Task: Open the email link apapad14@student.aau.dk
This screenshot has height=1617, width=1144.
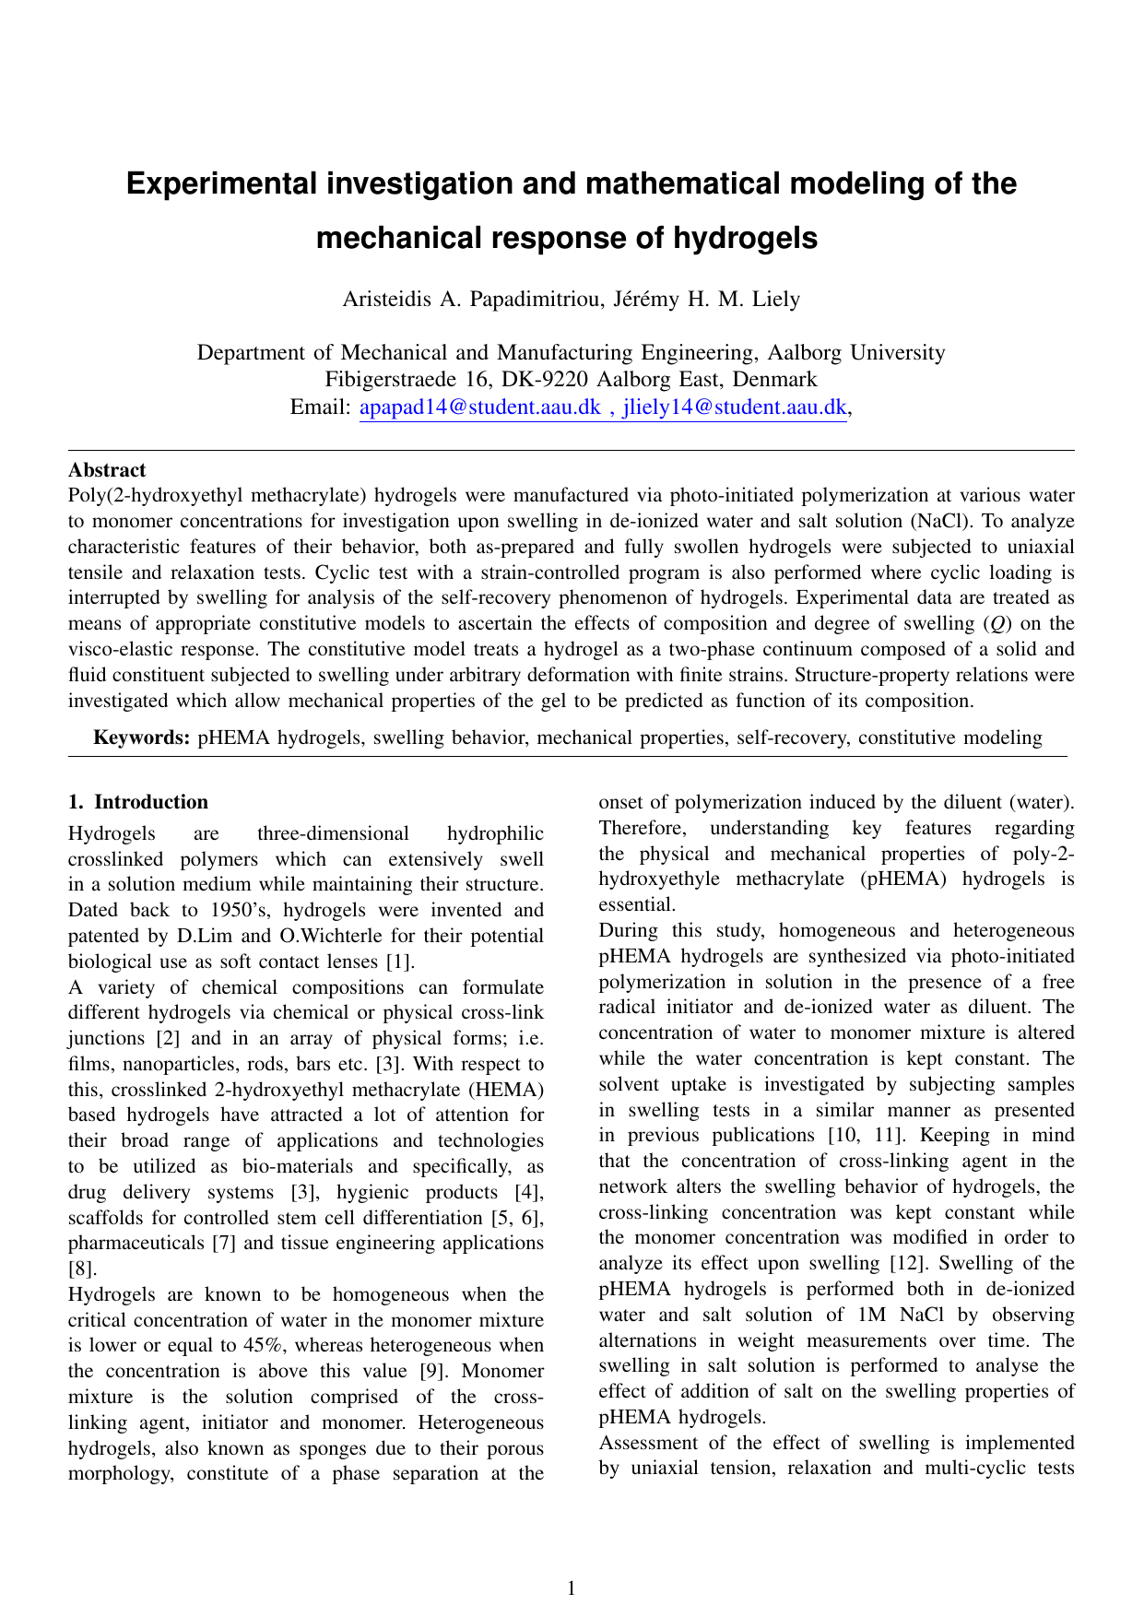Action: click(479, 407)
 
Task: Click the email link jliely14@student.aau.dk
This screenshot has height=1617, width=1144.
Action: click(735, 407)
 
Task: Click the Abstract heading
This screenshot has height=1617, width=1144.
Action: click(107, 470)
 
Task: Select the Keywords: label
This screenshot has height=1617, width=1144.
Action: click(143, 738)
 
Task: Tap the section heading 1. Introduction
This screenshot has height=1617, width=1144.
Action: click(138, 802)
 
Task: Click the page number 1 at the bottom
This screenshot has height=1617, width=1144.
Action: click(572, 1587)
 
